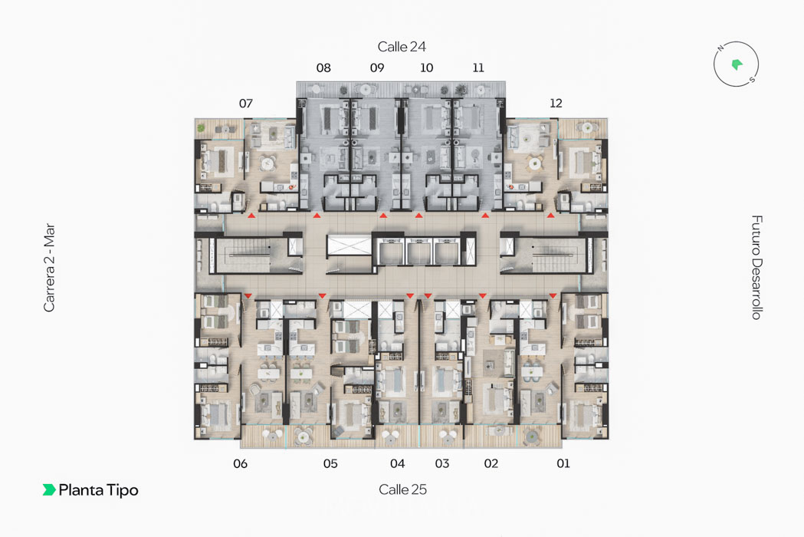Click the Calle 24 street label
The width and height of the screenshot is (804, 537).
click(x=402, y=47)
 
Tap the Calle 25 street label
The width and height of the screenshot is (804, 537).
click(x=402, y=489)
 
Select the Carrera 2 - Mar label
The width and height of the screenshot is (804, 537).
click(x=49, y=268)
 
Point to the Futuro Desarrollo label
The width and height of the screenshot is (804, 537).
click(x=756, y=267)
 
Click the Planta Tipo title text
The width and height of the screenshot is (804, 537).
click(x=98, y=490)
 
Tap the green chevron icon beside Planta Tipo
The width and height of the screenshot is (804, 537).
click(x=49, y=489)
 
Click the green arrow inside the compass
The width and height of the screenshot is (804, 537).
click(x=737, y=64)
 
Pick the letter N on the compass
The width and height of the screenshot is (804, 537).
click(x=720, y=48)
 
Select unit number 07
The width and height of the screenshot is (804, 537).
click(x=246, y=104)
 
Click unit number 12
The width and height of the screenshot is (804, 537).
click(x=556, y=104)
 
